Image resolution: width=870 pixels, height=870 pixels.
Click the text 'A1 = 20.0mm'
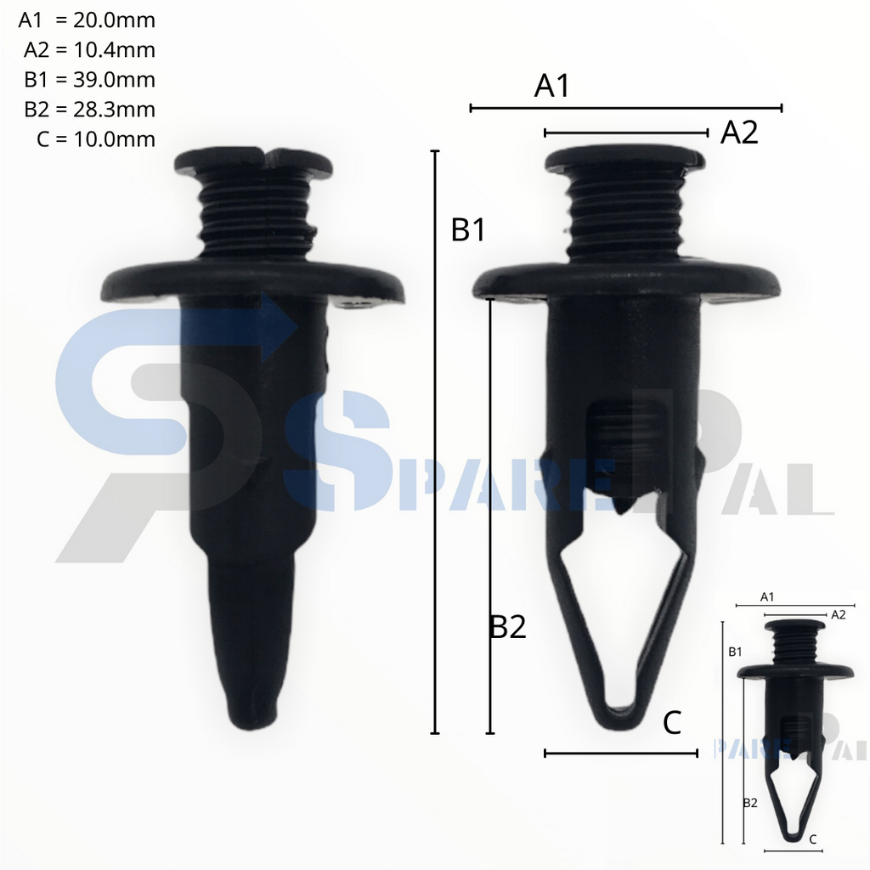coord(87,20)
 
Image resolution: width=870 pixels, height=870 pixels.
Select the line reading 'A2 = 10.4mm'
coord(89,50)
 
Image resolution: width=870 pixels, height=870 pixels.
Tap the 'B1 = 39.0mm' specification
coord(89,80)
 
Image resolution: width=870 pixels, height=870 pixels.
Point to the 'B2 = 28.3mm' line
coord(89,110)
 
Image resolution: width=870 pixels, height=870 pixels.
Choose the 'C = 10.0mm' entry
coord(96,139)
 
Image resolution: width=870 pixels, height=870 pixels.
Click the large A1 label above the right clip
coord(551,86)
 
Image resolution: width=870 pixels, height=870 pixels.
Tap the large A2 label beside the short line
coord(738,133)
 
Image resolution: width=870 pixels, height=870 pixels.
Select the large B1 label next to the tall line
coord(468,229)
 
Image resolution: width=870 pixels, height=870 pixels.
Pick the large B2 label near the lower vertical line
coord(508,627)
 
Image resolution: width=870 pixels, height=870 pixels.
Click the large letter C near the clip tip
coord(672,723)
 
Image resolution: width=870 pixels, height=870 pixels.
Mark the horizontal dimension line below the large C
coord(620,753)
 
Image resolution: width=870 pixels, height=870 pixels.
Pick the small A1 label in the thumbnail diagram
coord(766,596)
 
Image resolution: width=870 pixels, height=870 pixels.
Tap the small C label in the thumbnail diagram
coord(813,839)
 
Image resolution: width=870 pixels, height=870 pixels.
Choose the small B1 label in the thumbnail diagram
coord(735,652)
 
